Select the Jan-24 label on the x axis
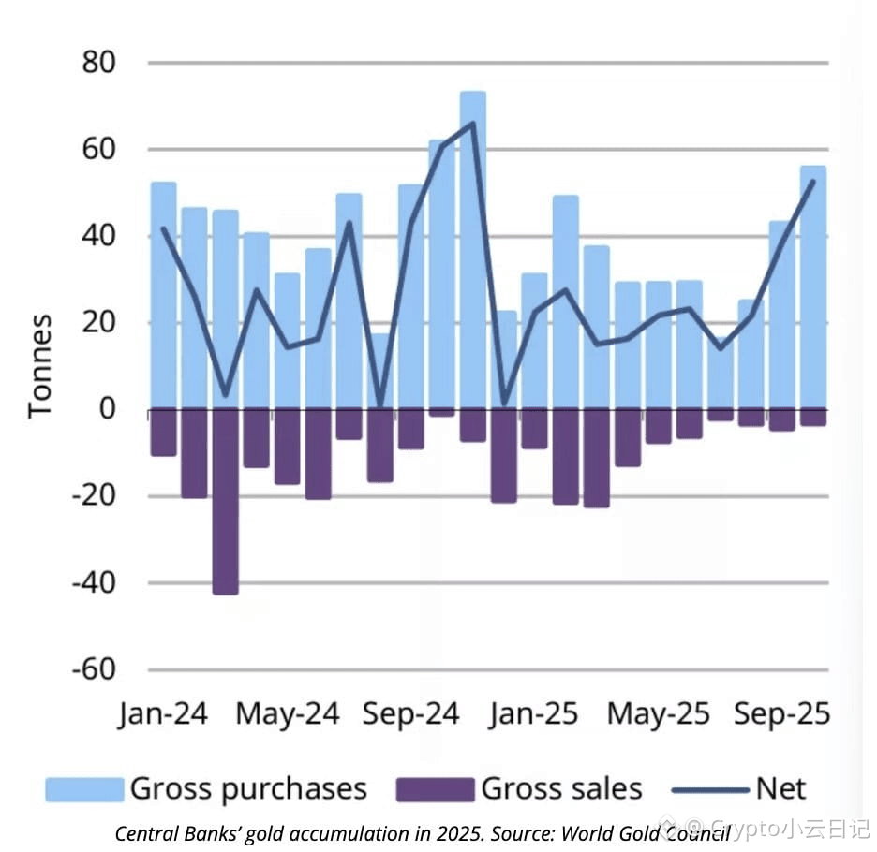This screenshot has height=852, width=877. [x=163, y=714]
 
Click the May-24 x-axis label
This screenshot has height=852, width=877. [x=287, y=714]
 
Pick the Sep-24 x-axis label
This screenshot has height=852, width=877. [x=410, y=714]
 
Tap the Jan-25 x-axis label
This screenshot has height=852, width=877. [x=534, y=714]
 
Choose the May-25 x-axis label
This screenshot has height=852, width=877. [x=658, y=714]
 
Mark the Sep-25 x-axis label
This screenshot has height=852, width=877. [x=782, y=714]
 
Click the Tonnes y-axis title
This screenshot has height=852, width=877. [x=39, y=366]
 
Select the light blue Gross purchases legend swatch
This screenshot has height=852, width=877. [x=84, y=789]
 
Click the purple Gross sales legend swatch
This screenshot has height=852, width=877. [x=435, y=789]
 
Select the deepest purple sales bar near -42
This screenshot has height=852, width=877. [x=225, y=506]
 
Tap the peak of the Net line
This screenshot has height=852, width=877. [x=472, y=123]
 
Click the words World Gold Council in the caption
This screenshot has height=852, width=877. [x=646, y=832]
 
